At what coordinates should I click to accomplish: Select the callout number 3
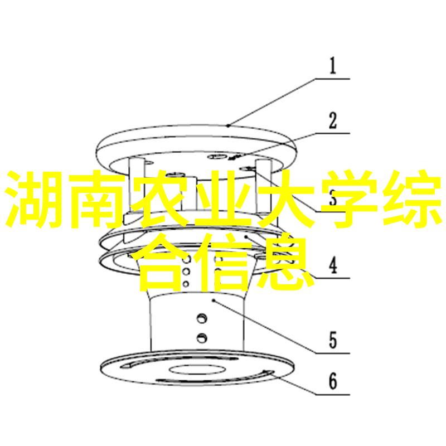332,198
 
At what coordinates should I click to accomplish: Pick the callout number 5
332,340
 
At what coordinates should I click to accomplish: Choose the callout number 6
332,382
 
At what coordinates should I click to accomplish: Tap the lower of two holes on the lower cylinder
201,337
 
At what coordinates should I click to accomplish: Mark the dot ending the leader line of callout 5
213,300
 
